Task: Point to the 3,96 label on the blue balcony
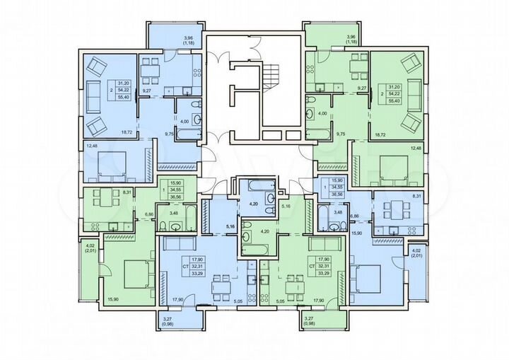[189, 37]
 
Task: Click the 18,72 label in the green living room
[379, 133]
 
